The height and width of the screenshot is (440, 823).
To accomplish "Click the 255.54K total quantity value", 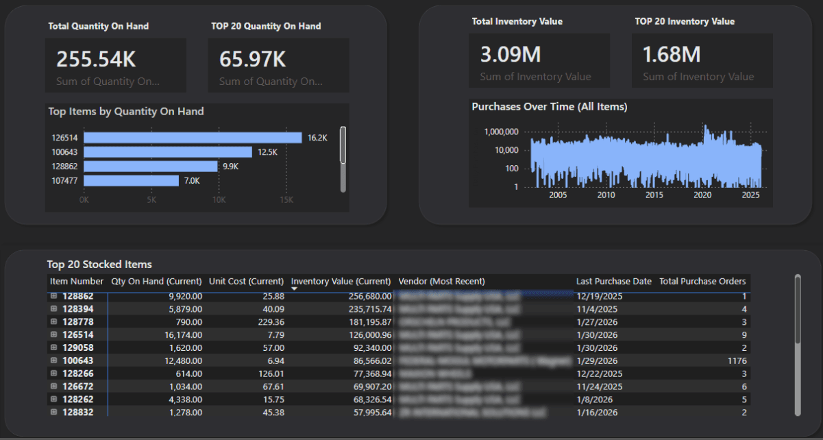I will coord(96,60).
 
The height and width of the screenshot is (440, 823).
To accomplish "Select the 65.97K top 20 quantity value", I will coord(252,60).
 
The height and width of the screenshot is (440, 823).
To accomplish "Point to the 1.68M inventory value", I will coord(671,55).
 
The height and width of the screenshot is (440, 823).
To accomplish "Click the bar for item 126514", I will coord(193,138).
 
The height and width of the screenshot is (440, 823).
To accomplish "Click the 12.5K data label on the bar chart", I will coord(267,152).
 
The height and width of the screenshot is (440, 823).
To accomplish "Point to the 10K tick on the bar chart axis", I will coord(219,200).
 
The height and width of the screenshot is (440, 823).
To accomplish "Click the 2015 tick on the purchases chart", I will coord(654,195).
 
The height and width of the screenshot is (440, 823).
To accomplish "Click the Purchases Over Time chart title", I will coord(549,107).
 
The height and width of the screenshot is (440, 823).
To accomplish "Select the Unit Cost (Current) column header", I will coord(246,282).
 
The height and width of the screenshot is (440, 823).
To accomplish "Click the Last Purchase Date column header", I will coord(613,282).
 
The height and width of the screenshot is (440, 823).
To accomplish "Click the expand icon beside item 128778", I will coord(54,322).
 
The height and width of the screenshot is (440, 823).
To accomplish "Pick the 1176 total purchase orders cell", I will coord(735,360).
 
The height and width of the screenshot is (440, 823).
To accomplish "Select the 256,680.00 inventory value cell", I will coord(368,296).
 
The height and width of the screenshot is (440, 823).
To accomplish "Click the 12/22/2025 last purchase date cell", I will coord(600,374).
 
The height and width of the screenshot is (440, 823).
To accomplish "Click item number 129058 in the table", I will coord(78,347).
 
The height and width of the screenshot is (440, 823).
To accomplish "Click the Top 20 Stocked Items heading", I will coord(99,265).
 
